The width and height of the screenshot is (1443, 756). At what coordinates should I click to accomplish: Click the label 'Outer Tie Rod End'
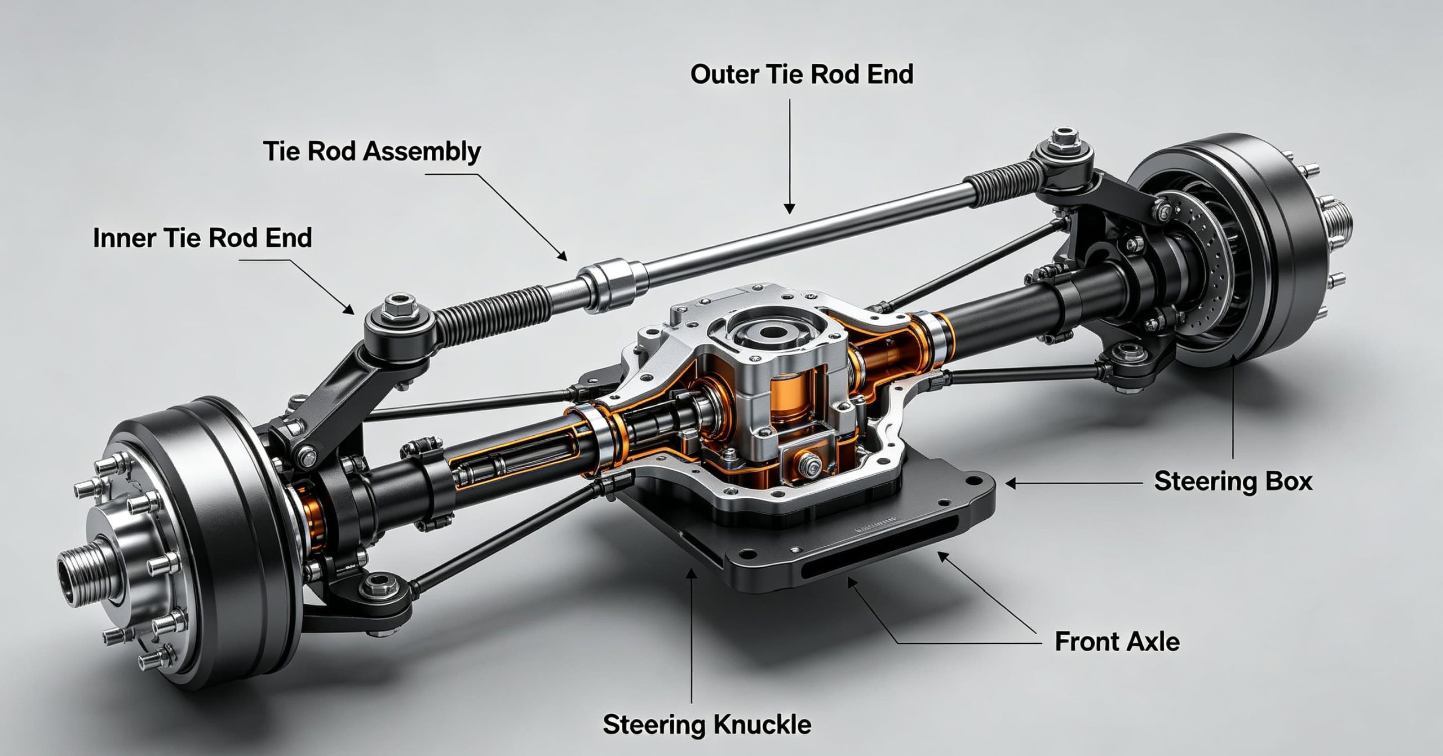point(802,75)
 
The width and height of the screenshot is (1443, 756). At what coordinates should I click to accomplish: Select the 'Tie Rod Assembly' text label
point(372,152)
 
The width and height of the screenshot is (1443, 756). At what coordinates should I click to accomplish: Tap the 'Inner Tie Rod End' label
point(202,238)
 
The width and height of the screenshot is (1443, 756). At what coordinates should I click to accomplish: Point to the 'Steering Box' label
point(1233,481)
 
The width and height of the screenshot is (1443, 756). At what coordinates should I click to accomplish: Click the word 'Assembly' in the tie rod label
point(422,152)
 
